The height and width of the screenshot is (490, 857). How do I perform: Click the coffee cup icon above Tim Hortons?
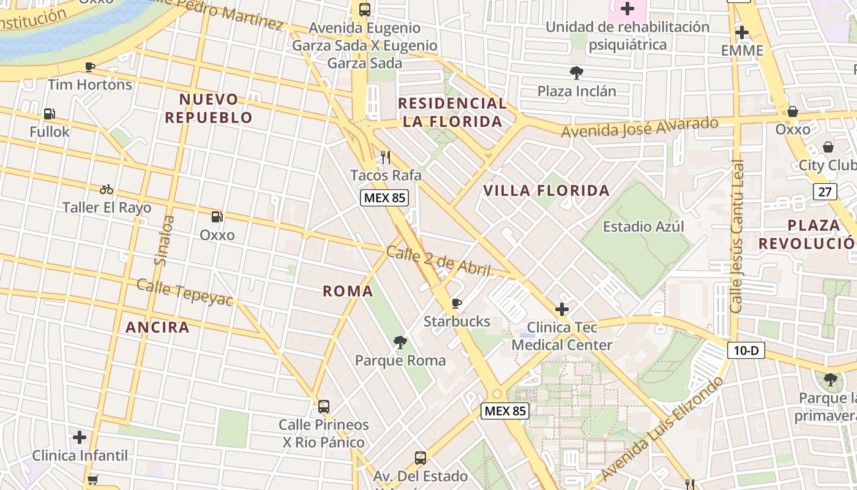[90, 67]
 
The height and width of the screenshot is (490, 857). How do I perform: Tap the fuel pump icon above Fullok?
[49, 114]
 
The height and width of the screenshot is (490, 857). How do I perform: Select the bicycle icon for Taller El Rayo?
[107, 189]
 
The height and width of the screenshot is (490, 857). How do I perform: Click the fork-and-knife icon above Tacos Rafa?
[386, 157]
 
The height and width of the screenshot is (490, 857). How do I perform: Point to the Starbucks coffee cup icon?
[457, 303]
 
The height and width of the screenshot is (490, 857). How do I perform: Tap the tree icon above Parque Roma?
[400, 342]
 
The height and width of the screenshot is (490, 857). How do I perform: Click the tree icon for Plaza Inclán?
[576, 73]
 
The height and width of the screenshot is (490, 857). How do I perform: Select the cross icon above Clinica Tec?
[561, 309]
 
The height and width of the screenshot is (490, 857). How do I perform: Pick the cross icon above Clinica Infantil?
[80, 437]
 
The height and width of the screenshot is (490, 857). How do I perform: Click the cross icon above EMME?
[742, 32]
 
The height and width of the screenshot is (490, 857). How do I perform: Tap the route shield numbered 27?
[825, 192]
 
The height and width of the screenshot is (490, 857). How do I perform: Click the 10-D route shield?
[746, 350]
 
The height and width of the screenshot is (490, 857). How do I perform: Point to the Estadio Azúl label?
[643, 227]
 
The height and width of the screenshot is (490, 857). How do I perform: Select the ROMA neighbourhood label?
[348, 291]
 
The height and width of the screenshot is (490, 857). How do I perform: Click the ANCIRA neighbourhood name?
[157, 327]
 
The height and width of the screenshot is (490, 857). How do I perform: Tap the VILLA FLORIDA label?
[547, 190]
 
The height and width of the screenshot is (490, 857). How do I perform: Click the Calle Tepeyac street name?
[185, 292]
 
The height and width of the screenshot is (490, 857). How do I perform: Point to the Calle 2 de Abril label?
[439, 261]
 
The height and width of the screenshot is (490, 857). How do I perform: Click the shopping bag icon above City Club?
[828, 147]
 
